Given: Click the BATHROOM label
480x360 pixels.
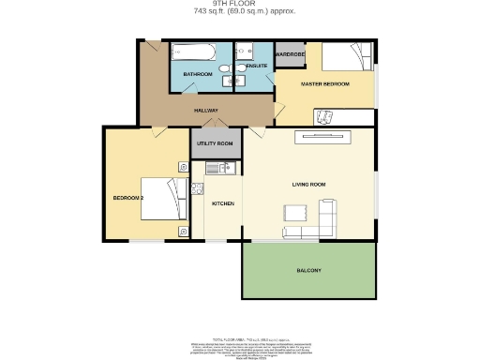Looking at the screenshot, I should coord(197,74).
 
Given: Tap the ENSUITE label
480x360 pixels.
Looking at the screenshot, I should coord(256,67).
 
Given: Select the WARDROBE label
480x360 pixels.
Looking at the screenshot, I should coord(292,54).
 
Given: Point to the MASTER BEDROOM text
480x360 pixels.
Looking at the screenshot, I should coord(324,84).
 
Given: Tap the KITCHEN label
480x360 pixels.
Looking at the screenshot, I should coord(222,203).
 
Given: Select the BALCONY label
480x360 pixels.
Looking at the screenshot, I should coord(309,271).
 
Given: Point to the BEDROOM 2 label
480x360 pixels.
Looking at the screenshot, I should coord(127,199).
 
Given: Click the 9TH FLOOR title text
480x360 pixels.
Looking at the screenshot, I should coord(240,5).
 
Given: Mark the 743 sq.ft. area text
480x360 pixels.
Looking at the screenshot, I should coord(240,12).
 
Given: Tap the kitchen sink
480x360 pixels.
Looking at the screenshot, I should coord(215,169).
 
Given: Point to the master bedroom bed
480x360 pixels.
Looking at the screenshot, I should coord(346,58).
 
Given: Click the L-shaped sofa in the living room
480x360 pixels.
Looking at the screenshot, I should coord(314,226).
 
